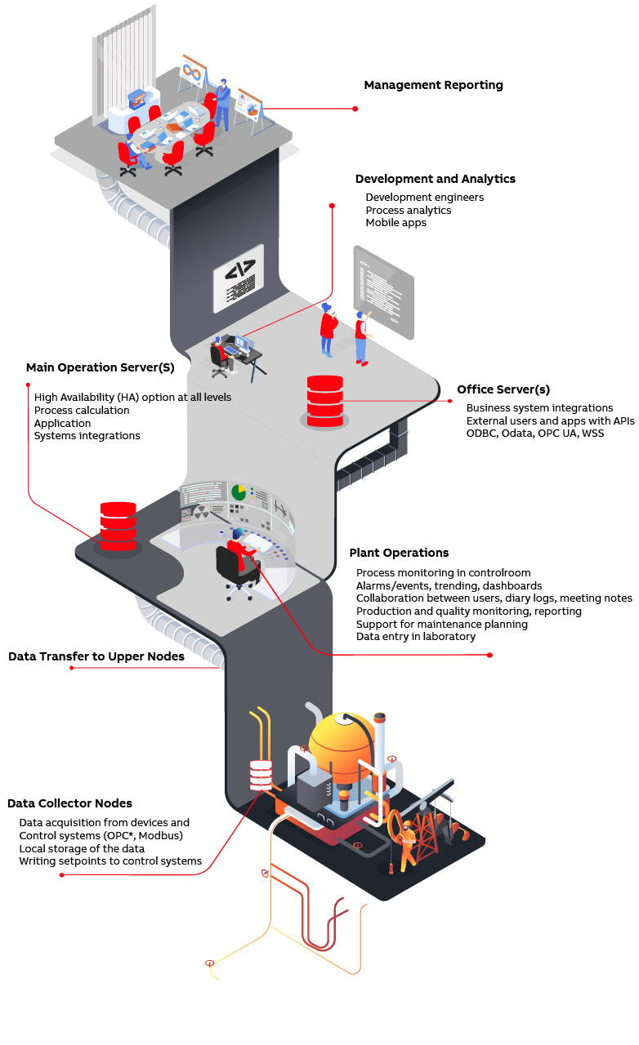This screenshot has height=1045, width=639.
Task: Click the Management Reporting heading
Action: (433, 85)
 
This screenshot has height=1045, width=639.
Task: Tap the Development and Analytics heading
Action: (435, 179)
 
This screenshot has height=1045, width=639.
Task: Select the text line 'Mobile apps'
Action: (395, 223)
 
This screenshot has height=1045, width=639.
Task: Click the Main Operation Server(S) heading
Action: (100, 367)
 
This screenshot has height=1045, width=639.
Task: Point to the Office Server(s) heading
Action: (503, 389)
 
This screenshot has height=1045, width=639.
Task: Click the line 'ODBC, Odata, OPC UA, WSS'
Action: (535, 433)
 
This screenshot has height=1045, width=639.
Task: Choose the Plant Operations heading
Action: (399, 553)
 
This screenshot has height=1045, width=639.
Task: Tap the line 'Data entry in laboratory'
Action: (415, 636)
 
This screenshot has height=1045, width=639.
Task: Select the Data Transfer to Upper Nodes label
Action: (96, 656)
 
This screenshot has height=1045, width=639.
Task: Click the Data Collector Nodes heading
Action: (69, 803)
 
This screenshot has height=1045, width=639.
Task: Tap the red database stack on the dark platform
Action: (118, 524)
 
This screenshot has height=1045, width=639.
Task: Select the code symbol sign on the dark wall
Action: (239, 278)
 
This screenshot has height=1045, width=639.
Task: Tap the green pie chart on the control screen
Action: (239, 492)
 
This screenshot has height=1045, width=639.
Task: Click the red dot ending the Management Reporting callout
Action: (355, 109)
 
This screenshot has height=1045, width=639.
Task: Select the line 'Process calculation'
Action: (82, 410)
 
